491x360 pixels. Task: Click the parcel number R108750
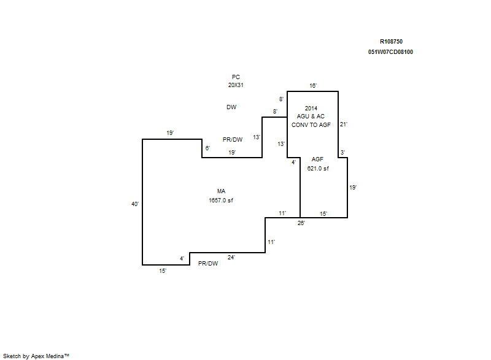391,42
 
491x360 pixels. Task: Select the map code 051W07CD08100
390,52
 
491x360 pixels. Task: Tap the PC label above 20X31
236,77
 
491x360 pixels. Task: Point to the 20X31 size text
236,85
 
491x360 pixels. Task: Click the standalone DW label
231,107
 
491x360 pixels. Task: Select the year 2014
311,108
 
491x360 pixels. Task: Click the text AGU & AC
311,117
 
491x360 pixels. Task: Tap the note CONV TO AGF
311,124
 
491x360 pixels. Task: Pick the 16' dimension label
313,85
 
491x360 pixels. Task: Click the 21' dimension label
344,124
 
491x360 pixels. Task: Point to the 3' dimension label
342,152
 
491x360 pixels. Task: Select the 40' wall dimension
135,204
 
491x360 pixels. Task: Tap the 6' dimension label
207,148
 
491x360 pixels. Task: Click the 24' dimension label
231,258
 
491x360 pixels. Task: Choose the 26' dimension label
301,223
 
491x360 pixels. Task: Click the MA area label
221,191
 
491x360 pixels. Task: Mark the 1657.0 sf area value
221,200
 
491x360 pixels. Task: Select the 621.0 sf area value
318,168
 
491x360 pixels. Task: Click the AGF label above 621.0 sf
317,159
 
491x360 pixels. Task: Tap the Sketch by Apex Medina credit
36,356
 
